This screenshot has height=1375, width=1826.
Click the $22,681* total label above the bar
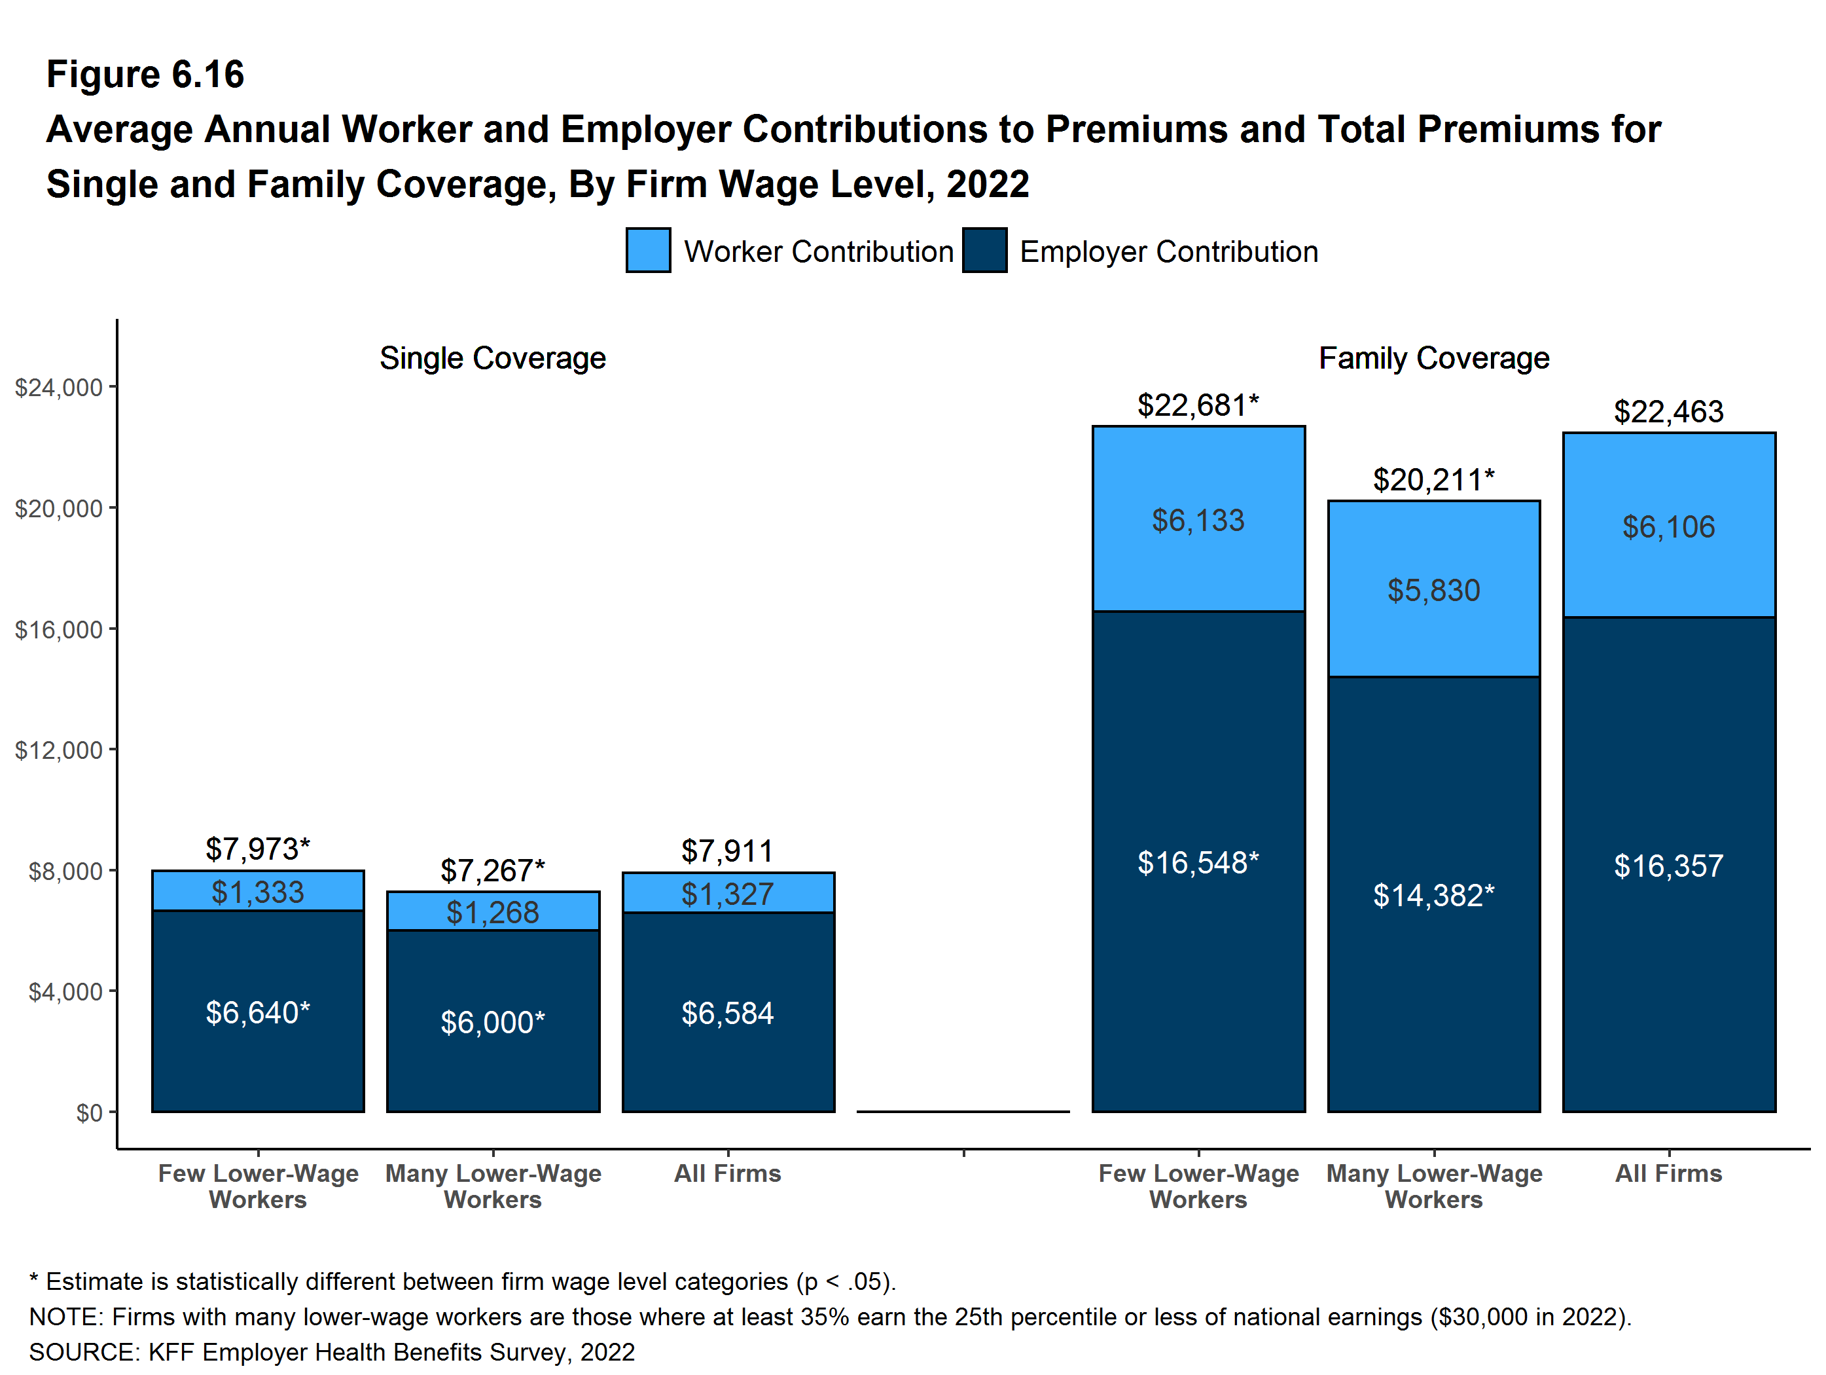1197,405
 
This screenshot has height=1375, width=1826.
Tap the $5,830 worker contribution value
1433,591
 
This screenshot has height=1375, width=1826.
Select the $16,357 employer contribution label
1668,866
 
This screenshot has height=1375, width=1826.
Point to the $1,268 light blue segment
493,911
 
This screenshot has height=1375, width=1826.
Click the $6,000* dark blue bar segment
493,1021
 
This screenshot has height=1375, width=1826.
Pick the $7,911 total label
727,851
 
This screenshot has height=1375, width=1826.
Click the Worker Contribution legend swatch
648,250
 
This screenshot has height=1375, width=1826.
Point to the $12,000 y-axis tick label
59,750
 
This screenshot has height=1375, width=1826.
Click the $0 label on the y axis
89,1112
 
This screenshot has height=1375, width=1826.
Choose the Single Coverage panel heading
493,358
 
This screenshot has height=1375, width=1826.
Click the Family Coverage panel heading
1433,358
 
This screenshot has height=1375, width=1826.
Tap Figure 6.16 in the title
145,75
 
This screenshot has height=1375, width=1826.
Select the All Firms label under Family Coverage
1668,1173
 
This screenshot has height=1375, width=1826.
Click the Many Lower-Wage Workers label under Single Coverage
493,1186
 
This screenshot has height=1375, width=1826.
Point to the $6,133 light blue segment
1198,521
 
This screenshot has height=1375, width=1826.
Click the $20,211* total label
1433,480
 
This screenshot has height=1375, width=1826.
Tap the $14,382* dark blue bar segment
1433,895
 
